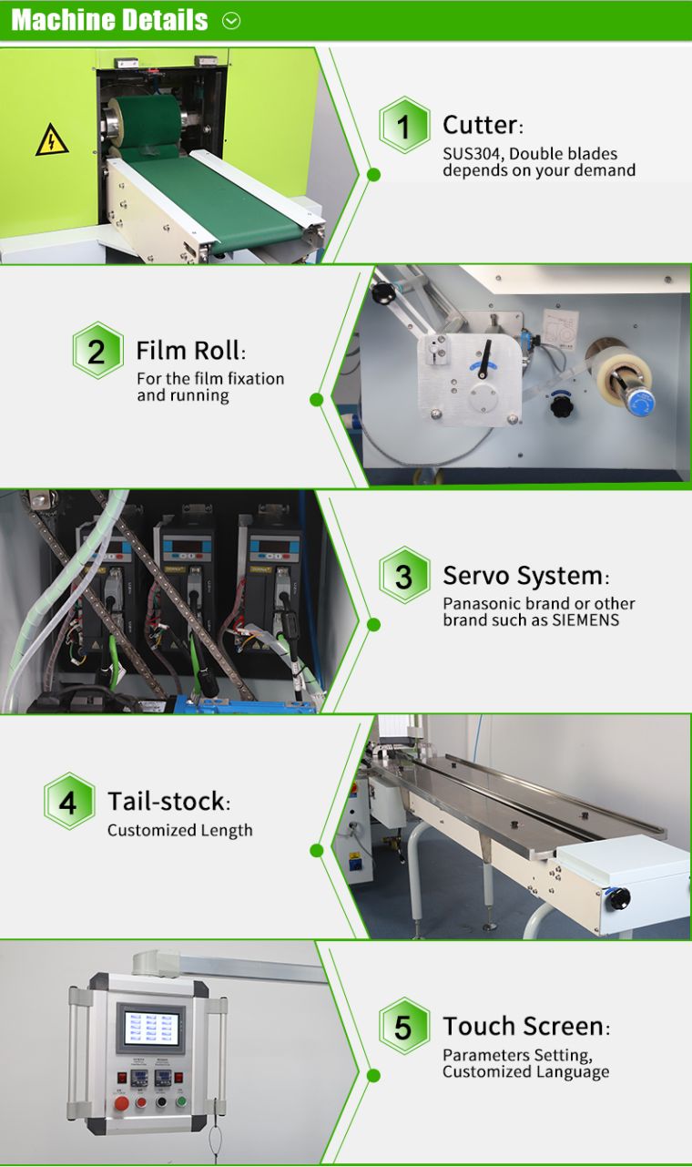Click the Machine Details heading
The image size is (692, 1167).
pos(109,20)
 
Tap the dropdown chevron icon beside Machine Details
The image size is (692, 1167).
pos(231,21)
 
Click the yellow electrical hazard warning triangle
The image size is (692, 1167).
pos(52,140)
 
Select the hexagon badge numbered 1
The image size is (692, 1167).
pos(404,125)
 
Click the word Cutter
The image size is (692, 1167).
pos(480,125)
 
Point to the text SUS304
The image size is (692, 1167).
pos(471,154)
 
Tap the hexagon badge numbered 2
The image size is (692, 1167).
pos(98,350)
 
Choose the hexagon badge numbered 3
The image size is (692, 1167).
pos(404,576)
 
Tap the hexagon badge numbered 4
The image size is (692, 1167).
pos(69,802)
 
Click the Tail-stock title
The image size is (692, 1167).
pos(167,802)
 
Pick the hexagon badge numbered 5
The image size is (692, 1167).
pos(404,1027)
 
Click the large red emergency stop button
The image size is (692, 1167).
pos(121,1103)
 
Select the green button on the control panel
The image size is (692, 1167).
pos(181,1100)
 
